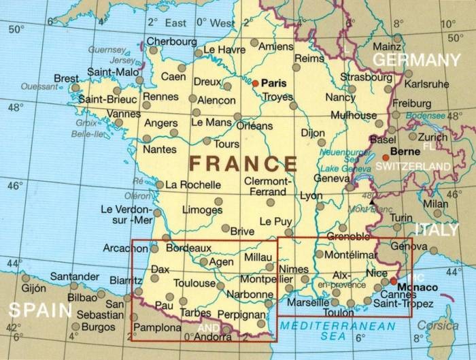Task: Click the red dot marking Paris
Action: coord(256,83)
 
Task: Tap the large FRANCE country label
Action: coord(243,164)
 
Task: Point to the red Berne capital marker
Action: coord(386,157)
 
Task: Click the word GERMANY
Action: coord(416,60)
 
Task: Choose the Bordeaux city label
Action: coord(189,248)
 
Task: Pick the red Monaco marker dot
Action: coord(393,280)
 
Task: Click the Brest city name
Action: coord(66,79)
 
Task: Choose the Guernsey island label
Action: coord(107,50)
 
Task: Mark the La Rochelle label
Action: coord(194,184)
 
